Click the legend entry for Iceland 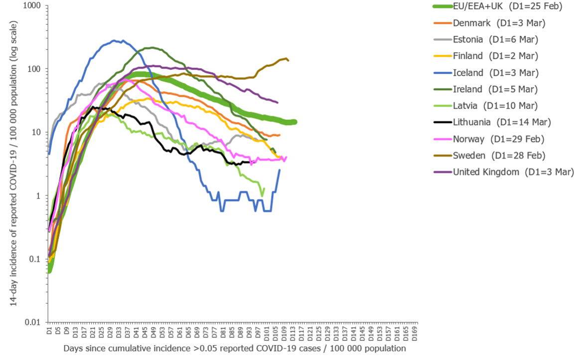point(495,73)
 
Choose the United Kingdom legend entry point(513,172)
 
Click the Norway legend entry point(499,139)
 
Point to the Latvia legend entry point(495,106)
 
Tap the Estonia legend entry point(495,39)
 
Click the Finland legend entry point(495,56)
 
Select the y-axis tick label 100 point(36,69)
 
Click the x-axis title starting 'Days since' point(234,349)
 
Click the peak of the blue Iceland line point(115,40)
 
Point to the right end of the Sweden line point(289,60)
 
